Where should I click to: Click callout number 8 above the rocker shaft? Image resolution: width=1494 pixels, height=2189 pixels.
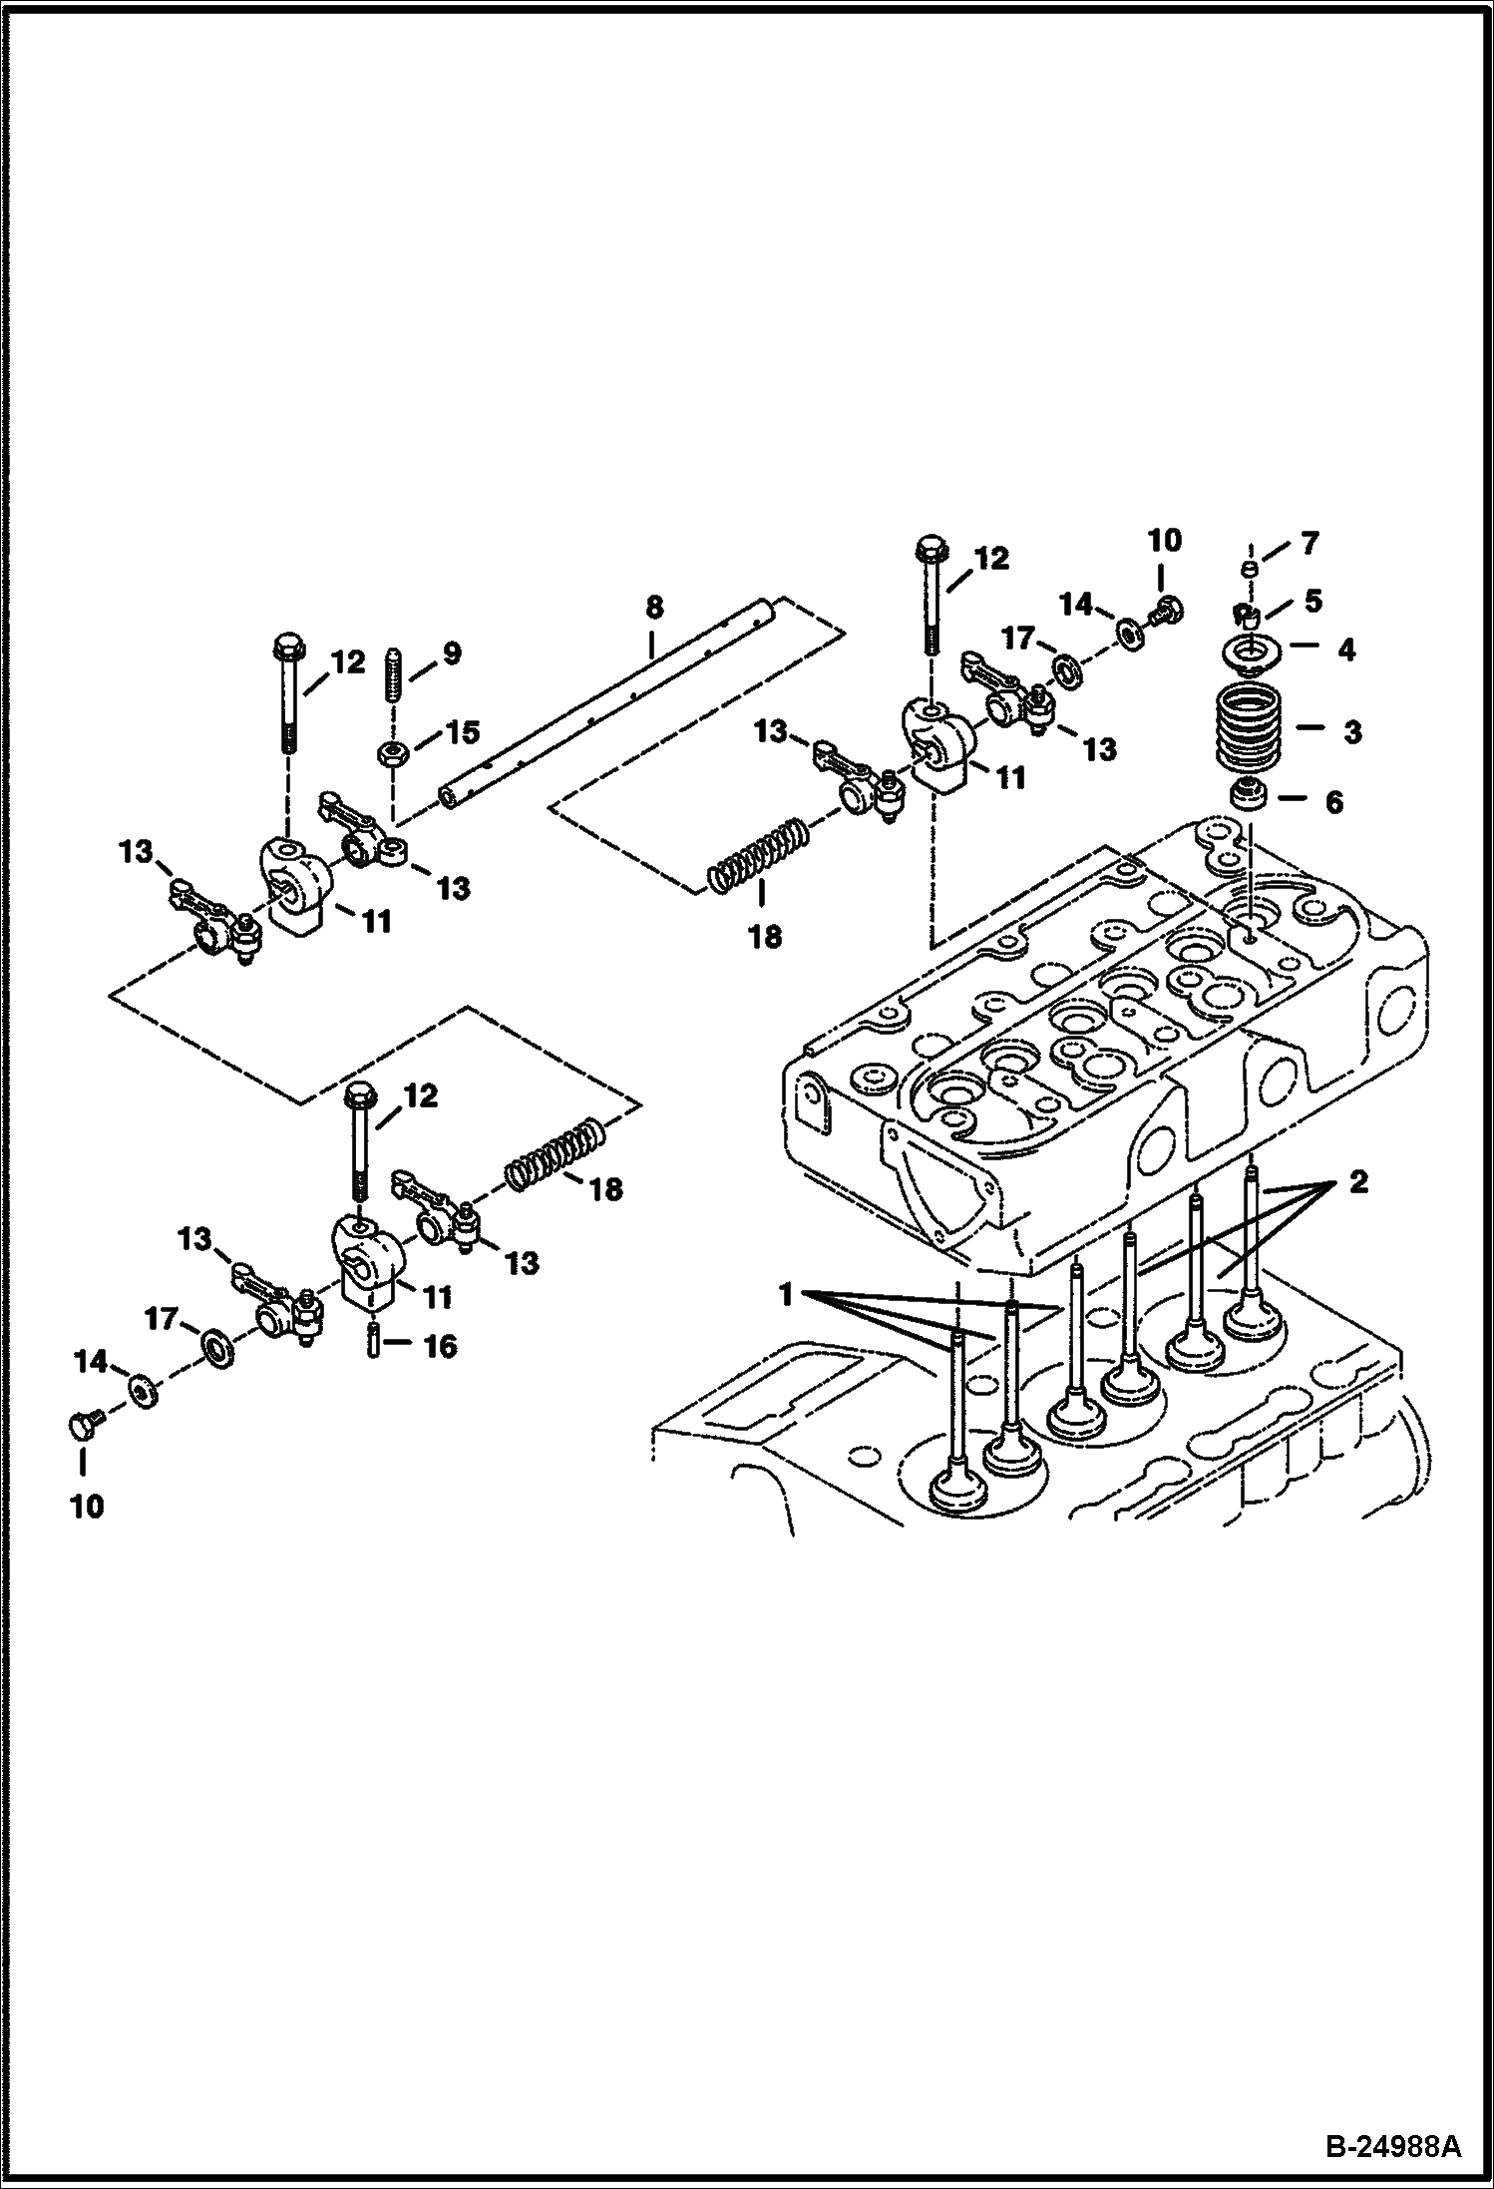tap(653, 607)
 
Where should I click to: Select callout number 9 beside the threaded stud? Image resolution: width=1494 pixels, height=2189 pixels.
tap(452, 654)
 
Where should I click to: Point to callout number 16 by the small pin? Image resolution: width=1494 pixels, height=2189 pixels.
tap(440, 1347)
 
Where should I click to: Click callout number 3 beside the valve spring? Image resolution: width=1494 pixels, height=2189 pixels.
tap(1351, 731)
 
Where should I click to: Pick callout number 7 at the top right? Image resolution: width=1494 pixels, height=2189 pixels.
tap(1309, 544)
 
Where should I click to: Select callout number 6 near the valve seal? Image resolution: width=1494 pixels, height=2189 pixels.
tap(1333, 801)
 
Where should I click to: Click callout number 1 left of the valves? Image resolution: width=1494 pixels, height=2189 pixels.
tap(786, 1295)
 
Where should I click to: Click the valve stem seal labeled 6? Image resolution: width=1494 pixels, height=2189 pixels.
tap(1248, 797)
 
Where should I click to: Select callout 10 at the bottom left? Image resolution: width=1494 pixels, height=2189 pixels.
tap(88, 1506)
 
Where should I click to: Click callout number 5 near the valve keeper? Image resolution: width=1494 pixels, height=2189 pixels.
tap(1313, 601)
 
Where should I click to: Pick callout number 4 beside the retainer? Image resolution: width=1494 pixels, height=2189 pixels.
tap(1345, 651)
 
